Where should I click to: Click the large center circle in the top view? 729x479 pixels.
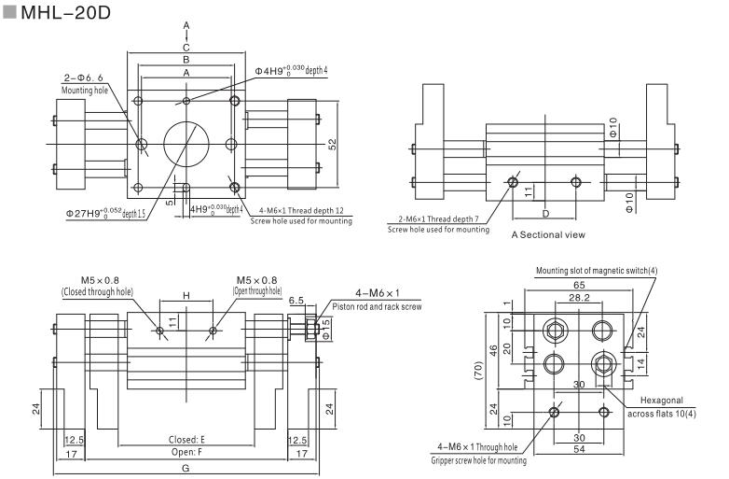pyautogui.click(x=186, y=144)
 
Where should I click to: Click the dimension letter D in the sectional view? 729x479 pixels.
pyautogui.click(x=545, y=214)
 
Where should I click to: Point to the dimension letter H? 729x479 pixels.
pyautogui.click(x=186, y=295)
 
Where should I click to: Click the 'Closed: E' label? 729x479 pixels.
pyautogui.click(x=186, y=437)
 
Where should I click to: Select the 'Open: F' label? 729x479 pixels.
pyautogui.click(x=186, y=450)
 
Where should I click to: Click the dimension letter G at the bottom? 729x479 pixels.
pyautogui.click(x=186, y=467)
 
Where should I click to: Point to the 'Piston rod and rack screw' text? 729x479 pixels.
pyautogui.click(x=376, y=305)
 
